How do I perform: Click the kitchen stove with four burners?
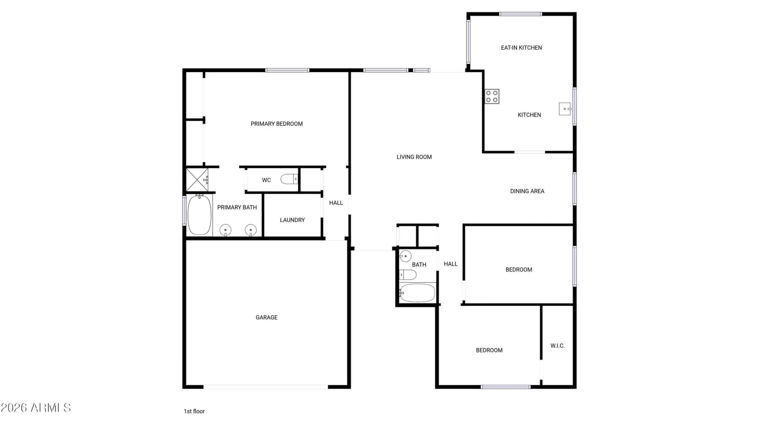pyautogui.click(x=491, y=96)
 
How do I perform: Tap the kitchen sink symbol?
pyautogui.click(x=565, y=109)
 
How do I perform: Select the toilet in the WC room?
pyautogui.click(x=289, y=179)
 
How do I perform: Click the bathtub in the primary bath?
pyautogui.click(x=200, y=214)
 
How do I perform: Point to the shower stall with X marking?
pyautogui.click(x=197, y=180)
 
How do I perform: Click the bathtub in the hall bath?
pyautogui.click(x=417, y=293)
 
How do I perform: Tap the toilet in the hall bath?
pyautogui.click(x=407, y=275)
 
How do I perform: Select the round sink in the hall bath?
pyautogui.click(x=405, y=257)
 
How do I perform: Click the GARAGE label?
pyautogui.click(x=266, y=317)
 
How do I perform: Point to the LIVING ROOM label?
pyautogui.click(x=414, y=157)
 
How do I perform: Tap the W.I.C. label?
pyautogui.click(x=557, y=346)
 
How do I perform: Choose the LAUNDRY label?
pyautogui.click(x=292, y=220)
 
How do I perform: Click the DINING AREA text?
pyautogui.click(x=527, y=191)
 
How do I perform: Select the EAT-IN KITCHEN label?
pyautogui.click(x=521, y=48)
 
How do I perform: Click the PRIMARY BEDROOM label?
pyautogui.click(x=277, y=124)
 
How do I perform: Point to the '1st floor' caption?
pyautogui.click(x=194, y=411)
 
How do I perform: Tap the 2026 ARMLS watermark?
pyautogui.click(x=36, y=408)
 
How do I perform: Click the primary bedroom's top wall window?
pyautogui.click(x=287, y=71)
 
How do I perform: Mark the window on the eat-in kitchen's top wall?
pyautogui.click(x=520, y=14)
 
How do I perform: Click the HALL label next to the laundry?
pyautogui.click(x=336, y=203)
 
